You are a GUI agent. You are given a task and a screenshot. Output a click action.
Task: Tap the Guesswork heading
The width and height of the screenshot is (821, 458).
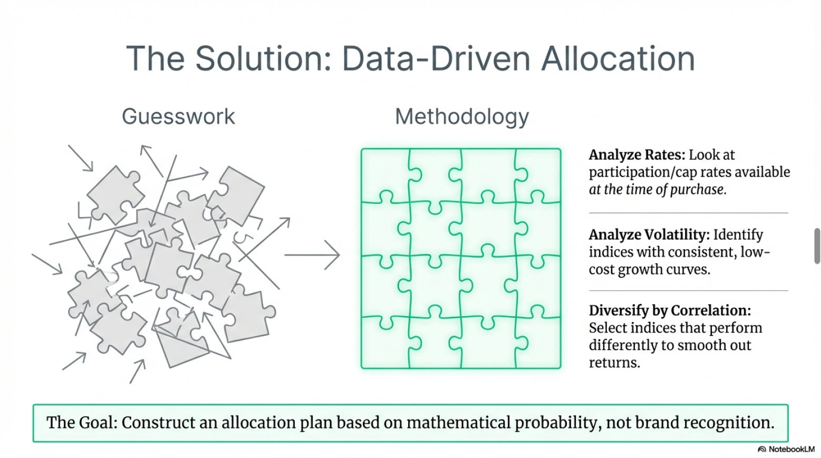click(x=178, y=116)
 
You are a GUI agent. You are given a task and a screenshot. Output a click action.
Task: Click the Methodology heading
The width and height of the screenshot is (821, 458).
click(x=462, y=116)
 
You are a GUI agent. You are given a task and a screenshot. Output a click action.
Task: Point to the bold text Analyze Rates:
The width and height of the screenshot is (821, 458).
click(x=636, y=155)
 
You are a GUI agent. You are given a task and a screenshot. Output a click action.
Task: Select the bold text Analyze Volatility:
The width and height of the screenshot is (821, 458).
click(x=649, y=235)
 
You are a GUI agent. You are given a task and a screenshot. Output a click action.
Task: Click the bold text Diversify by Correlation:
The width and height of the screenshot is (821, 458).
click(x=670, y=310)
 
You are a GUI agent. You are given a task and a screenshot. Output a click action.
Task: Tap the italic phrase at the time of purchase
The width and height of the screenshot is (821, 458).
click(x=658, y=190)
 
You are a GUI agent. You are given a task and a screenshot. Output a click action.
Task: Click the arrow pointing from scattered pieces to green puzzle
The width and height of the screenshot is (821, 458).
click(x=312, y=255)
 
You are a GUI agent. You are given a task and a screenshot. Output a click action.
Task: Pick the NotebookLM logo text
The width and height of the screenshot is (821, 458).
click(x=791, y=450)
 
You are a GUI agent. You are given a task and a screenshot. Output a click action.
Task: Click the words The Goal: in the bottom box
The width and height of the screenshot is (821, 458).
click(x=82, y=423)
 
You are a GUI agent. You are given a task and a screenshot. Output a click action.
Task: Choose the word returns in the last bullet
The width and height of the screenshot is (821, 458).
click(x=614, y=363)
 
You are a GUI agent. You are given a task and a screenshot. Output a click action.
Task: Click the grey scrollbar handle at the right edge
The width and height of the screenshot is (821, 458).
click(x=817, y=246)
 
